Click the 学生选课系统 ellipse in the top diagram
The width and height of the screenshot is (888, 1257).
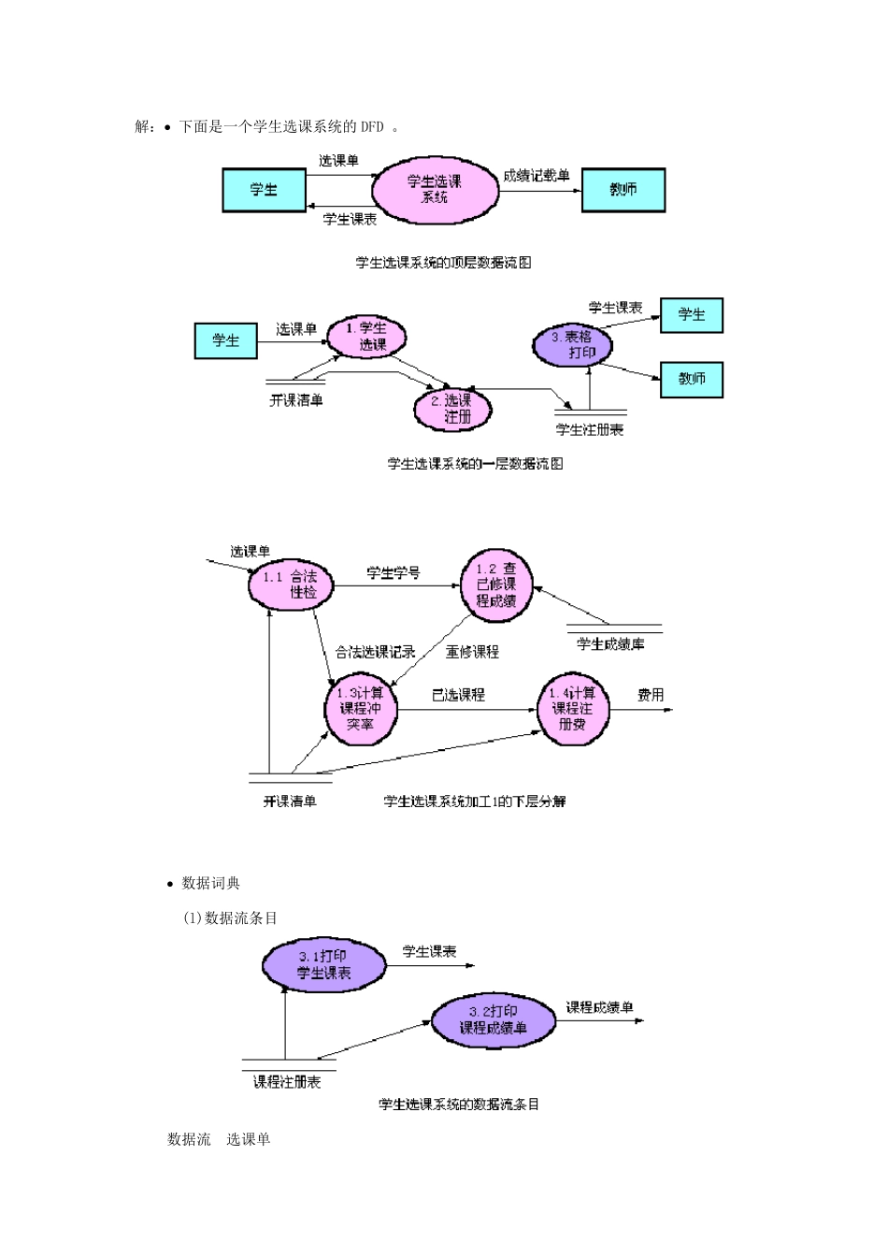435,190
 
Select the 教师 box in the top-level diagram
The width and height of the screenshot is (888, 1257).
623,190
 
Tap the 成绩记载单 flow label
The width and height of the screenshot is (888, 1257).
537,175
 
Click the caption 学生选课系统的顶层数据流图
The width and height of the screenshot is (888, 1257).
443,263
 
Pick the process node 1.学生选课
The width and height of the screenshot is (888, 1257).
372,336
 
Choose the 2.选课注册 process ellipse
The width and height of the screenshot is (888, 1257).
453,409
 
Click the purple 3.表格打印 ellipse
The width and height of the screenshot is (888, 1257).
572,344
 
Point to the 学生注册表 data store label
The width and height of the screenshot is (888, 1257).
590,429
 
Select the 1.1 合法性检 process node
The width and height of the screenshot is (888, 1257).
291,584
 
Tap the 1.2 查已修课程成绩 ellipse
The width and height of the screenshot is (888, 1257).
497,585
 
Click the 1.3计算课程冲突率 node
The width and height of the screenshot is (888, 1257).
360,709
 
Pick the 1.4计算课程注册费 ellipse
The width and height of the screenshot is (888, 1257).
572,709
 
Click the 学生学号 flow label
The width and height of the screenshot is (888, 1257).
394,573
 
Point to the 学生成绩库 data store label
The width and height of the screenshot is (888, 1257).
610,644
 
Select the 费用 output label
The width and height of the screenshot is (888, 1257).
651,695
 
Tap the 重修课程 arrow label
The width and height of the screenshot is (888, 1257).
472,652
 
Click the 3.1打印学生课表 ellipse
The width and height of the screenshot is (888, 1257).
324,965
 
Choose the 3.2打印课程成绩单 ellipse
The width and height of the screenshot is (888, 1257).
493,1019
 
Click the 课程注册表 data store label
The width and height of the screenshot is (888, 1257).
287,1082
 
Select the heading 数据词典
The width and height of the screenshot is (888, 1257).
210,883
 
